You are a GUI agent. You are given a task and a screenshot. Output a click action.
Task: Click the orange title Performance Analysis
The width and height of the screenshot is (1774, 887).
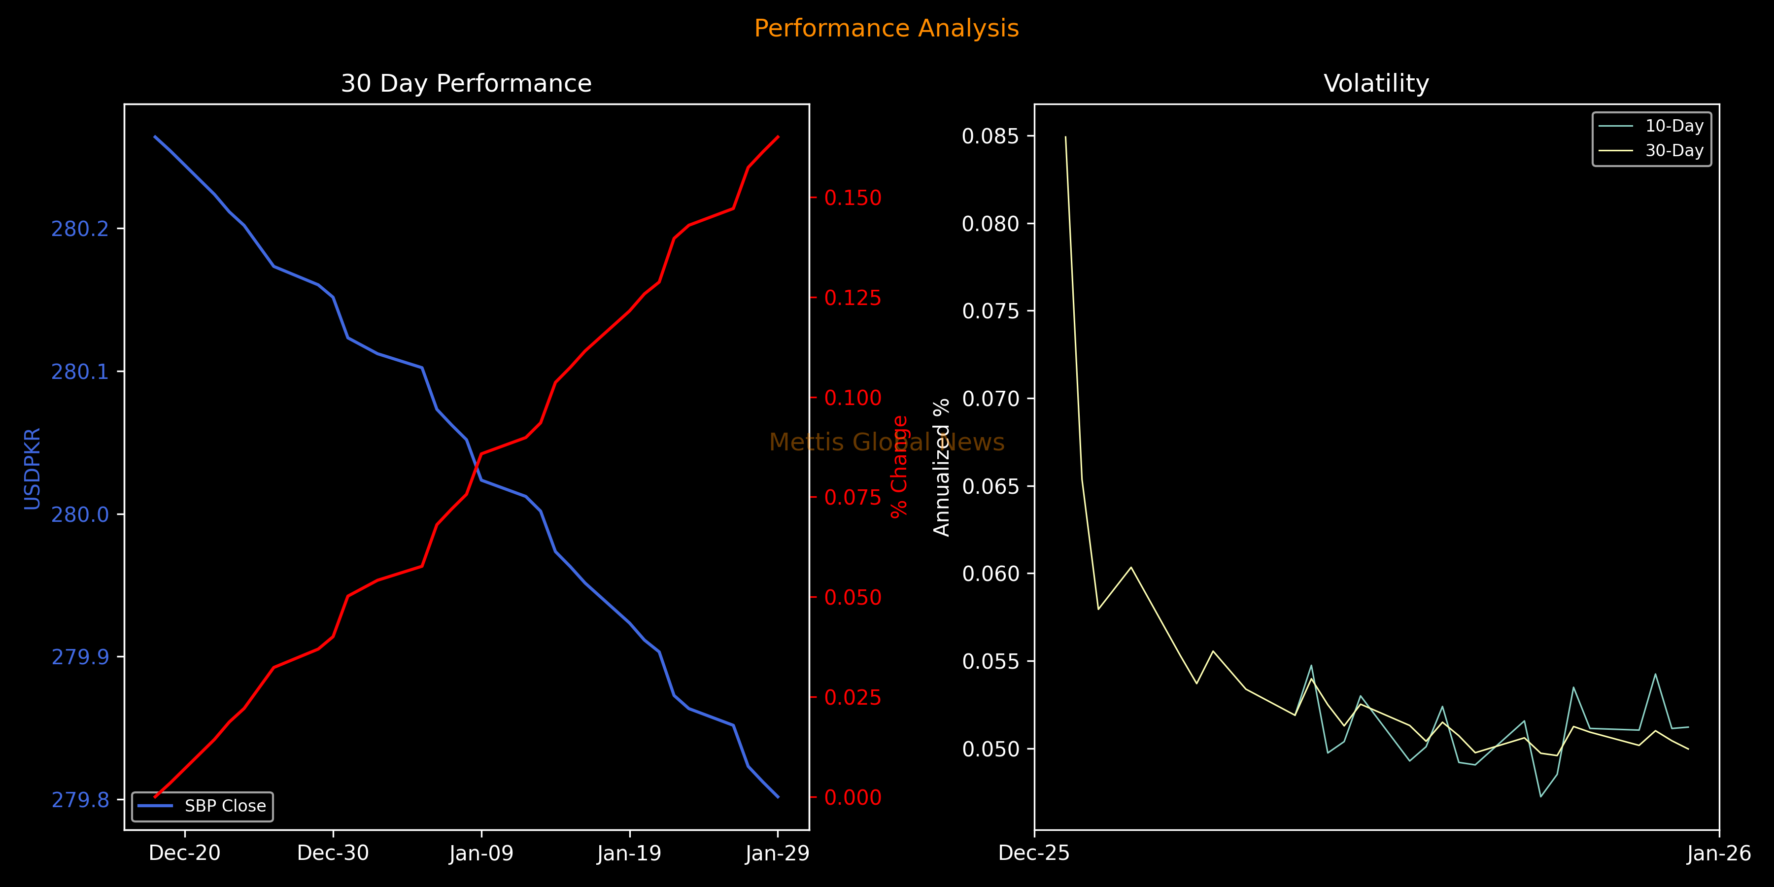(887, 28)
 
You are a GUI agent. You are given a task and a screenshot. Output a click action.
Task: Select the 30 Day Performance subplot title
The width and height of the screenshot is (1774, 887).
(466, 83)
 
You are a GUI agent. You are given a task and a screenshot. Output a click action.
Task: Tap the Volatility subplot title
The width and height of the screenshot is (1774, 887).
(1376, 83)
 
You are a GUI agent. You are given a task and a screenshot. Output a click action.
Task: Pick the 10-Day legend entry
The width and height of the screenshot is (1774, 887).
(1673, 126)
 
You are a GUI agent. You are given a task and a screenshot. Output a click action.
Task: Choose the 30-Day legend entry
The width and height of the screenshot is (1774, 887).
(1673, 150)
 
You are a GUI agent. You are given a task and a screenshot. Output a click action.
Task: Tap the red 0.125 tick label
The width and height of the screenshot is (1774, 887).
(853, 298)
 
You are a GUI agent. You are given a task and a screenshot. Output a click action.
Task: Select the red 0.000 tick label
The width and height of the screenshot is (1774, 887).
(853, 797)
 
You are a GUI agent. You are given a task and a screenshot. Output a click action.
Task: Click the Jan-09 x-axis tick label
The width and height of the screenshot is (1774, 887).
(481, 853)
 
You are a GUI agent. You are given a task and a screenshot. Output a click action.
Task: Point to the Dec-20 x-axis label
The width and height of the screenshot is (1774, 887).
(185, 853)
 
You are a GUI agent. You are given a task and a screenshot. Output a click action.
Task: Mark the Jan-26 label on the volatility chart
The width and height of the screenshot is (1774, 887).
(1719, 853)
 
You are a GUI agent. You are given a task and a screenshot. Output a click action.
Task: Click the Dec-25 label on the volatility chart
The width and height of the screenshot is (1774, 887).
(1034, 853)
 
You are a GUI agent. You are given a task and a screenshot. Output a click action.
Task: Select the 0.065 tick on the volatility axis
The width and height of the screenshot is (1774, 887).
(989, 486)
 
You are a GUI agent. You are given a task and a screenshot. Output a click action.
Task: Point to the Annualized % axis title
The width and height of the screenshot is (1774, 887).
(941, 467)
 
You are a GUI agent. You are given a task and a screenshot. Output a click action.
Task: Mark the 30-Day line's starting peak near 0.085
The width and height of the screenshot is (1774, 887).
(1065, 137)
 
